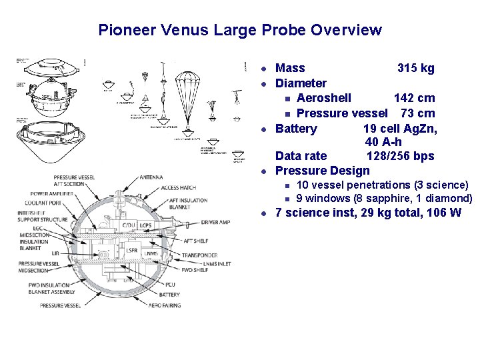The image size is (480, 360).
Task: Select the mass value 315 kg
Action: [x=415, y=68]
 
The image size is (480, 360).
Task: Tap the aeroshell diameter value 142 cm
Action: [x=414, y=99]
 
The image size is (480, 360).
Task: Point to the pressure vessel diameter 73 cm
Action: [x=418, y=113]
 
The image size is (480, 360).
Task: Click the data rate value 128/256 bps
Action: [x=400, y=156]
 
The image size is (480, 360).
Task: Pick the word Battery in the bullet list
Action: [x=296, y=128]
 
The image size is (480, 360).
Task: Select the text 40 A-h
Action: [x=383, y=142]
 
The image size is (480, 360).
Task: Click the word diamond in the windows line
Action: [x=450, y=198]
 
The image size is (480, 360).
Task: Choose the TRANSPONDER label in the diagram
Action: [x=200, y=255]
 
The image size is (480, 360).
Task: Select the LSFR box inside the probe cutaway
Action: [x=132, y=250]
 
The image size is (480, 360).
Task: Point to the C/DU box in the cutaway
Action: [x=128, y=225]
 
